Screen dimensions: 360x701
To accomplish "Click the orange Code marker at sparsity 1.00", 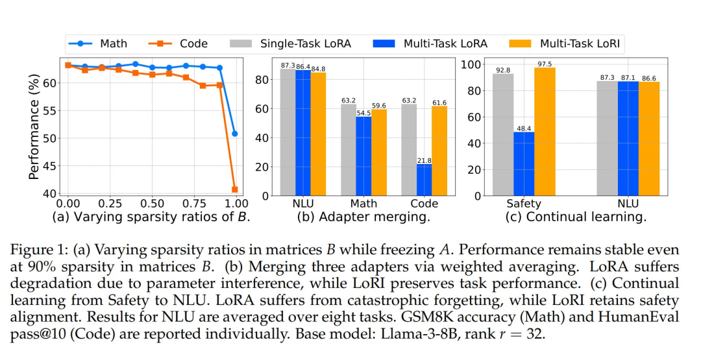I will [x=234, y=189].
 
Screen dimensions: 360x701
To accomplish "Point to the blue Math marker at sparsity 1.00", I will [x=234, y=134].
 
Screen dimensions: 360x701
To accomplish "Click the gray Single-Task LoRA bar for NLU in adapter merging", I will [x=288, y=132].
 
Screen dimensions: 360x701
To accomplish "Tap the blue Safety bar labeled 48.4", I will [x=524, y=163].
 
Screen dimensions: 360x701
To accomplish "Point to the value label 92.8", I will [x=502, y=69].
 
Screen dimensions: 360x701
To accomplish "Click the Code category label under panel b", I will [x=424, y=204].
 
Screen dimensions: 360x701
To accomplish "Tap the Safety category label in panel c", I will [x=524, y=204].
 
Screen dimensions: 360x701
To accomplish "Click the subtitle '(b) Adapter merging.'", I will [x=364, y=217].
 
